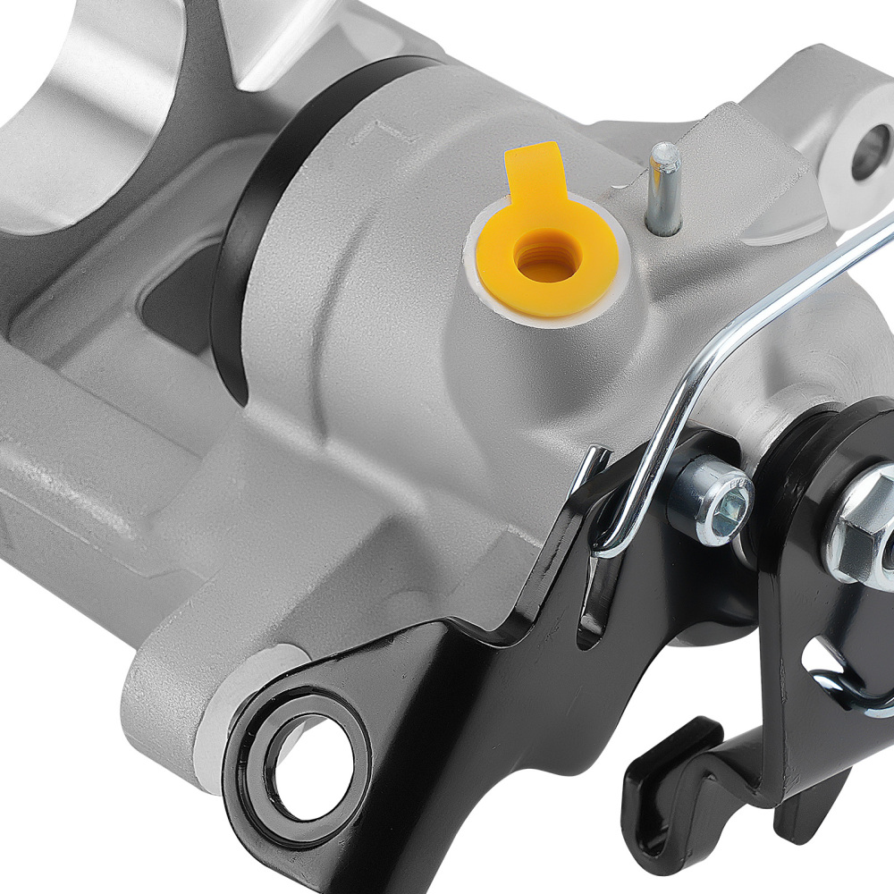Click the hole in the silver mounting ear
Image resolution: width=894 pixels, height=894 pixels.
[870, 152]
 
